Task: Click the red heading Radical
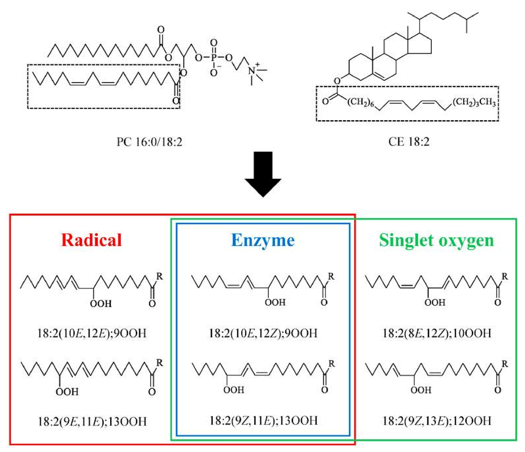point(91,240)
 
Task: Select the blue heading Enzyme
point(263,240)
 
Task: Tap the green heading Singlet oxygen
point(436,240)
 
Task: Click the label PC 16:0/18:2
point(149,142)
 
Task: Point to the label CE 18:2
point(409,142)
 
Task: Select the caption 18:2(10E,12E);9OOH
point(92,333)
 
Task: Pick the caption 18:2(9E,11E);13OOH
point(92,421)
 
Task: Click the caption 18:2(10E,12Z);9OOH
point(263,333)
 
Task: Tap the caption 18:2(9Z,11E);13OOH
point(263,421)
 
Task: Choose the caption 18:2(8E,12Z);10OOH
point(437,333)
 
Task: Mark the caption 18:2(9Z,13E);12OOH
point(437,421)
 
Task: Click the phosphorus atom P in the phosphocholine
point(213,58)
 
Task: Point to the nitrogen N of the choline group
point(252,71)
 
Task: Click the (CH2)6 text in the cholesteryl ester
point(361,102)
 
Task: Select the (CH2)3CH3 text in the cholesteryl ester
point(474,102)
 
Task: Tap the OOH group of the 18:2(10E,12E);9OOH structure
point(101,304)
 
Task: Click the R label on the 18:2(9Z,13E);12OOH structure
point(504,364)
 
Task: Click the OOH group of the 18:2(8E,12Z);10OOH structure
point(435,303)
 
